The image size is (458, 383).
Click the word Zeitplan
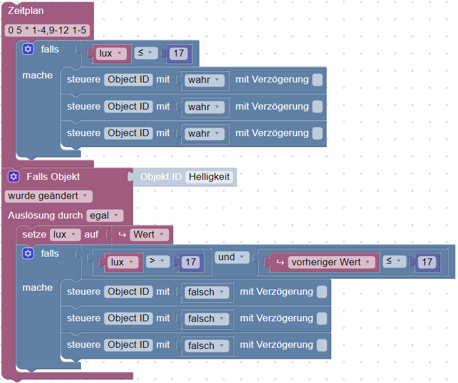pos(26,11)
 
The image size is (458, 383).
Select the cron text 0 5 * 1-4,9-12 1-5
pos(47,30)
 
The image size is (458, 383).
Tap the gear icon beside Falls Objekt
pos(14,177)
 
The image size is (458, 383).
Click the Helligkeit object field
pos(209,177)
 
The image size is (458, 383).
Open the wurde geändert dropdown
pos(48,196)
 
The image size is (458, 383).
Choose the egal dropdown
pos(105,216)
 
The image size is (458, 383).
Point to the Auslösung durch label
pos(45,216)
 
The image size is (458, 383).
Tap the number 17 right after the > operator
pos(189,262)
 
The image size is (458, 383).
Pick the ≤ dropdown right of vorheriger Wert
pos(393,262)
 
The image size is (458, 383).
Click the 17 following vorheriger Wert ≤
pos(427,262)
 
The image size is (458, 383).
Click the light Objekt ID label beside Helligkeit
pos(161,177)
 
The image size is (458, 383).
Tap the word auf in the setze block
pos(91,235)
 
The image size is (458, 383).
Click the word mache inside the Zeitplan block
pos(37,76)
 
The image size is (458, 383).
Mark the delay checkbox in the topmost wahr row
pos(317,80)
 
